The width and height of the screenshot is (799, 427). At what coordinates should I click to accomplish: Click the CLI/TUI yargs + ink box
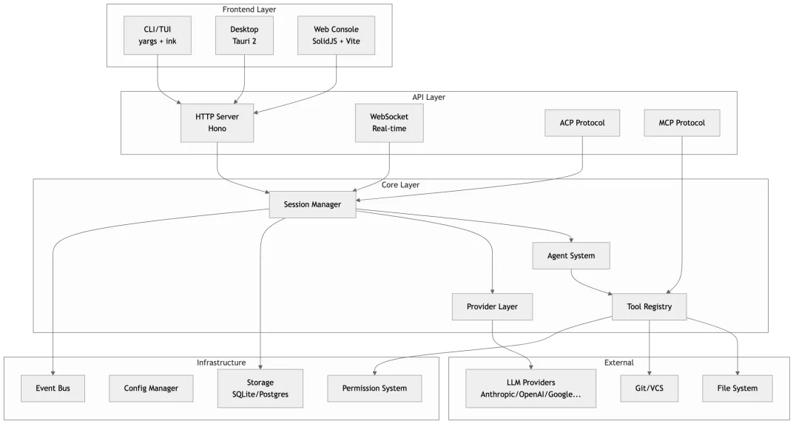coord(157,35)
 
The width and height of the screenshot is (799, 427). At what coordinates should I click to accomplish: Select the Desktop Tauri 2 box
coord(244,35)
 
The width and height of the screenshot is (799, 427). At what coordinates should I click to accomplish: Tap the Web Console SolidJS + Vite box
coord(337,35)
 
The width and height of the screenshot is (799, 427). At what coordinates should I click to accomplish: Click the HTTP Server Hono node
coord(217,123)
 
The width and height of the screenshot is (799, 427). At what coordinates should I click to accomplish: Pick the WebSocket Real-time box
coord(389,123)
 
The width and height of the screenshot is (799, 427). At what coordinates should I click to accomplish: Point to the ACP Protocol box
coord(584,123)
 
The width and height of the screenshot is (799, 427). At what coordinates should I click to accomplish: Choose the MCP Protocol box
coord(681,123)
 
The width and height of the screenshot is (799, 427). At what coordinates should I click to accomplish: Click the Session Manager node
coord(312,204)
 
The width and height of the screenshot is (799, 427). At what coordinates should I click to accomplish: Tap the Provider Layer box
coord(492,306)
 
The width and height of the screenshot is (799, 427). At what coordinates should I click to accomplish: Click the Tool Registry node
coord(649,306)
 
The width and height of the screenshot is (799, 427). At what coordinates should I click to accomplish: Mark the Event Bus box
coord(52,388)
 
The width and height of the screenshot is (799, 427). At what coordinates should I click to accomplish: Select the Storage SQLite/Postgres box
coord(260,388)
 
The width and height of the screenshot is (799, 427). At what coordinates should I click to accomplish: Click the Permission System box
coord(375,388)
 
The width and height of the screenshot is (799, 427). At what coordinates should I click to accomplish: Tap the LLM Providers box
coord(531,388)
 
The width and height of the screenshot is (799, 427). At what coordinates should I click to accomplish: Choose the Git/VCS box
coord(649,388)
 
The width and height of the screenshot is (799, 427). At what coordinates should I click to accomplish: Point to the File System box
coord(738,388)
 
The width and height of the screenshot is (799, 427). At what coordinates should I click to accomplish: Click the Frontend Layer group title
coord(249,9)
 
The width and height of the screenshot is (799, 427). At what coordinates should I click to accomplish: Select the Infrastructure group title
coord(221,363)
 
